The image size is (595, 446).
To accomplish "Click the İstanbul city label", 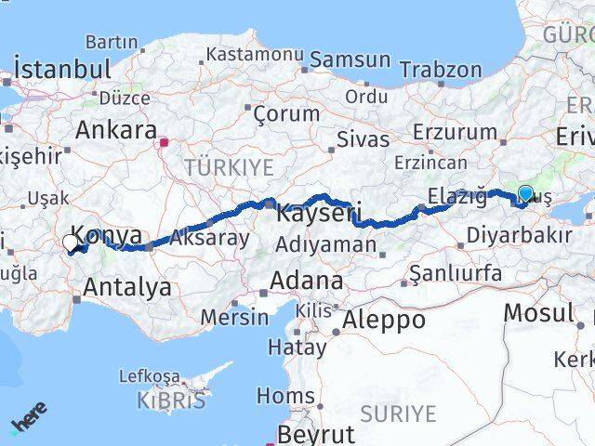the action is [63, 69].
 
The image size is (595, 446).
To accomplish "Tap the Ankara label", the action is [115, 129].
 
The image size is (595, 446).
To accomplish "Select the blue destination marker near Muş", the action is [525, 194].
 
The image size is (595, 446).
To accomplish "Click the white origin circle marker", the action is [71, 243].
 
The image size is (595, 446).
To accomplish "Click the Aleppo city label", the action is [384, 321].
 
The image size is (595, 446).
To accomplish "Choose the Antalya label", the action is [127, 287].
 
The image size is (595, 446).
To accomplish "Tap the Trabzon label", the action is [441, 70].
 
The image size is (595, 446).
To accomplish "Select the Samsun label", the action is [350, 59].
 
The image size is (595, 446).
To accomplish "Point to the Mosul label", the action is [538, 312].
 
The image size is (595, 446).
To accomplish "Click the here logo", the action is [29, 419].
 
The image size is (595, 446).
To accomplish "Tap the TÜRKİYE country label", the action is [229, 167].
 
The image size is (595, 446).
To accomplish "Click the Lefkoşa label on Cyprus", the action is [149, 376].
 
